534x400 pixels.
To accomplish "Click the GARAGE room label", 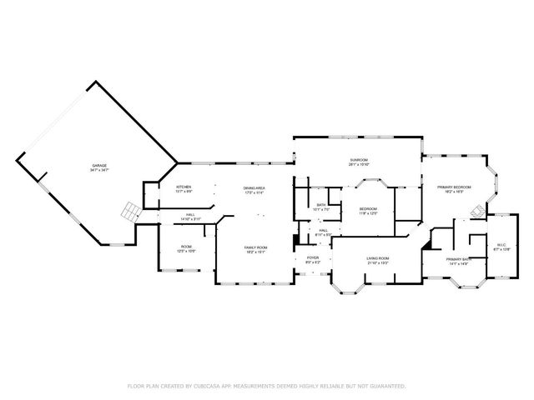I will [99, 166].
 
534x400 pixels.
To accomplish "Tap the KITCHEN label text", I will [184, 187].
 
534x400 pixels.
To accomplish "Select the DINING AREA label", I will [254, 188].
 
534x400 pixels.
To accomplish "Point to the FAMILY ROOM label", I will [255, 247].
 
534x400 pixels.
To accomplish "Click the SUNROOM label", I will [359, 159].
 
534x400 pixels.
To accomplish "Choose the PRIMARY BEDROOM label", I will [454, 187].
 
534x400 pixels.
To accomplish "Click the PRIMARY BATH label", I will [458, 259].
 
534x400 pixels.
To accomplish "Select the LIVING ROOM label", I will [378, 258].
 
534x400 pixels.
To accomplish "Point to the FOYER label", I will [313, 258].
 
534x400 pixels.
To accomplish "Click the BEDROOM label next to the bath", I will [368, 208].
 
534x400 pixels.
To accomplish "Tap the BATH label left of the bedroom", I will [321, 205].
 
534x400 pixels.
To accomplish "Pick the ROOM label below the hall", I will [187, 247].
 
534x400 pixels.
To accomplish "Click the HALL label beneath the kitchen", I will [190, 215].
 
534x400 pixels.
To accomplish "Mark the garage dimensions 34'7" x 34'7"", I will [99, 171].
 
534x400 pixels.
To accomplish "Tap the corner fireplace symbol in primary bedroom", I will [476, 211].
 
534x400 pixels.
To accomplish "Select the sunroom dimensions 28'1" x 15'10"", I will [359, 164].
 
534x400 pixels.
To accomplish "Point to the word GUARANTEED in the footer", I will [388, 386].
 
